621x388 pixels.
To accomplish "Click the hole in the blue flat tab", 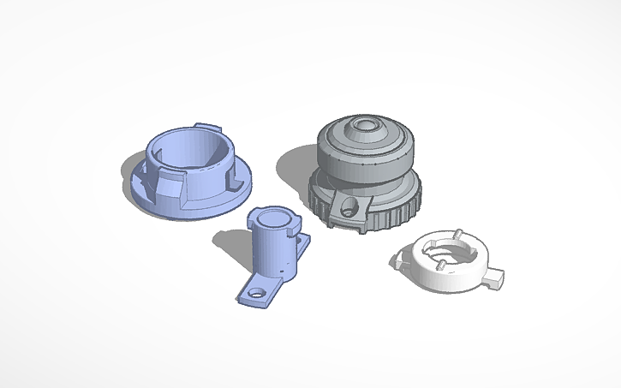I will (x=254, y=293).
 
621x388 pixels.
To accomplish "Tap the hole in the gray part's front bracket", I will (x=348, y=206).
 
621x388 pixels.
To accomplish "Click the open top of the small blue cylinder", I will (x=272, y=217).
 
